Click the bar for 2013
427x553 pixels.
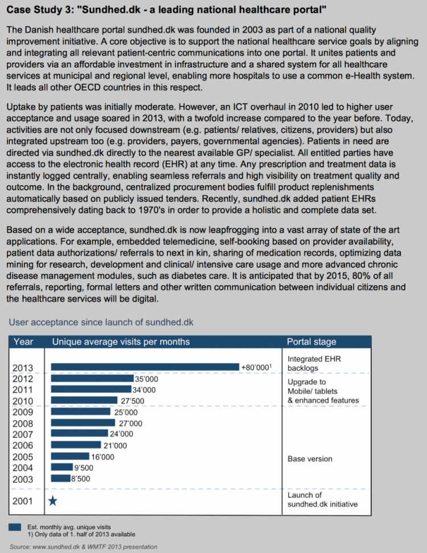145,367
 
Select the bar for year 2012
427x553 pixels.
93,379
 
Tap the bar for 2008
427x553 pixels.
83,422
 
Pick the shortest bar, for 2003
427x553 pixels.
60,478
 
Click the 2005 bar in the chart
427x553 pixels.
70,456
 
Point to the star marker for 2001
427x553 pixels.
53,501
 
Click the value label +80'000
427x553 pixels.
256,367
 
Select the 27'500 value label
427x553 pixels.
133,401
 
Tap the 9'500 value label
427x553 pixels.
84,467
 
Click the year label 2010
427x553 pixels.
23,401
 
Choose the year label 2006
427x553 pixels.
23,445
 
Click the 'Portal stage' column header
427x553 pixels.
311,341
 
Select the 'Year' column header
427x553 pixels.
23,341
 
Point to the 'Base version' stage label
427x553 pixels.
310,459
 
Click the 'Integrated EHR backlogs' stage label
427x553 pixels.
314,363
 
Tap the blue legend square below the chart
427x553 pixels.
15,527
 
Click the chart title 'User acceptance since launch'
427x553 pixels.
101,322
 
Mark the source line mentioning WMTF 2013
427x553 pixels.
83,547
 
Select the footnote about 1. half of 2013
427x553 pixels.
81,534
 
